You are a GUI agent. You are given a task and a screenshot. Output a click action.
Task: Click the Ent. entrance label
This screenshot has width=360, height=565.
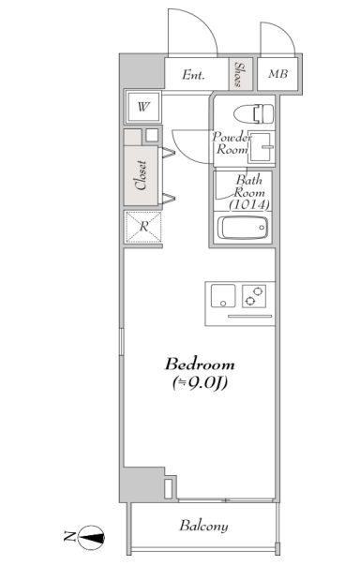pyautogui.click(x=193, y=75)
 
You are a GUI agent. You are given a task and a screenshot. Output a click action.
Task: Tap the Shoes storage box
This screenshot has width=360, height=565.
pyautogui.click(x=241, y=74)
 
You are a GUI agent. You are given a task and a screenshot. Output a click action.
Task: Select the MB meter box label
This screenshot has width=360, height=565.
pyautogui.click(x=277, y=74)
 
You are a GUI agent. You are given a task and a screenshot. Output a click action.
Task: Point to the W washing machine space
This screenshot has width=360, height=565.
pyautogui.click(x=143, y=107)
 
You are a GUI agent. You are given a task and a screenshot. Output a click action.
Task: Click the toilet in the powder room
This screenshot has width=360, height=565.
pyautogui.click(x=254, y=114)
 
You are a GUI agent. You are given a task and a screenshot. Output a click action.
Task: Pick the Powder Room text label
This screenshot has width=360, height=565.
pyautogui.click(x=232, y=143)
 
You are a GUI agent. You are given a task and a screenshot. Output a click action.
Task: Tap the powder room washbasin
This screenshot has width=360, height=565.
pyautogui.click(x=262, y=147)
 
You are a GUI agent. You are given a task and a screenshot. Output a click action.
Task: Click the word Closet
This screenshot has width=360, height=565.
pyautogui.click(x=141, y=175)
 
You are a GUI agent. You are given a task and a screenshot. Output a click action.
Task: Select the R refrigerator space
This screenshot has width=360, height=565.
pyautogui.click(x=143, y=227)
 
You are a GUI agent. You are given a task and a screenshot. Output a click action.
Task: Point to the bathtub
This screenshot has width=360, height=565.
pyautogui.click(x=243, y=228)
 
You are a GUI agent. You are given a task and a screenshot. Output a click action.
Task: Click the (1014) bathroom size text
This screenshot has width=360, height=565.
pyautogui.click(x=249, y=204)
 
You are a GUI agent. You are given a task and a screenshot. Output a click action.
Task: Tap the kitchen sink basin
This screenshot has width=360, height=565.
pyautogui.click(x=223, y=296)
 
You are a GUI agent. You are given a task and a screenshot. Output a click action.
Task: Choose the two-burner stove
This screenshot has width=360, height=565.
pyautogui.click(x=254, y=296)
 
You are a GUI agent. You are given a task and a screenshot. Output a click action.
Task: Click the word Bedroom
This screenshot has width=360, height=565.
pyautogui.click(x=200, y=364)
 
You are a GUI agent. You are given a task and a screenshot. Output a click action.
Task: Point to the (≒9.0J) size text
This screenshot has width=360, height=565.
pyautogui.click(x=200, y=383)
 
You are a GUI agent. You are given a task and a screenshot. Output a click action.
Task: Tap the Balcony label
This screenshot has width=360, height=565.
pyautogui.click(x=203, y=527)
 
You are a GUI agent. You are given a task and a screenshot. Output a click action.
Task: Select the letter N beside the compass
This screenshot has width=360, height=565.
pyautogui.click(x=68, y=537)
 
